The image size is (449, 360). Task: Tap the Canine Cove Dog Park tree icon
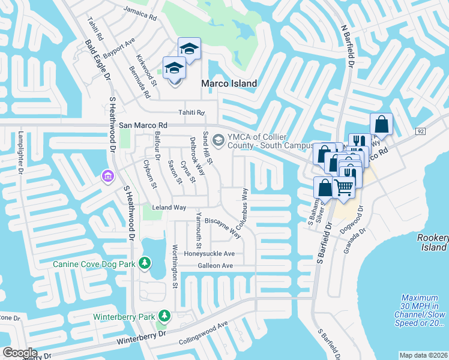(x=144, y=263)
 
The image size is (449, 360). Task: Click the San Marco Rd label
(x=142, y=125)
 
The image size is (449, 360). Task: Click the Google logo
(x=19, y=353)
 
